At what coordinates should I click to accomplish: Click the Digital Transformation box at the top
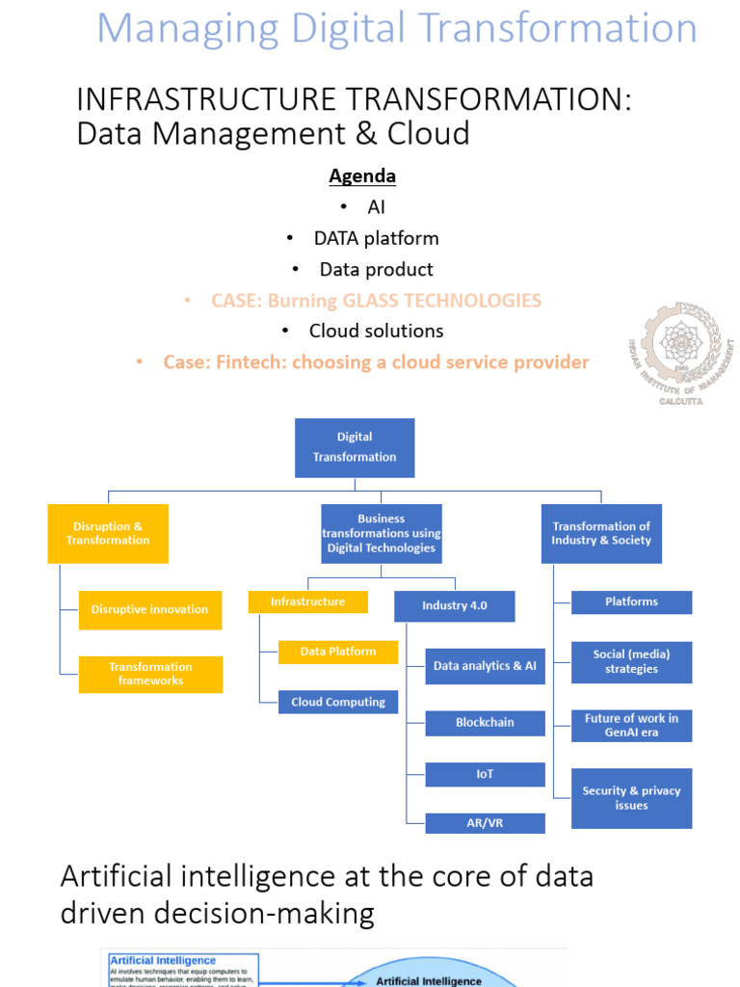pos(355,447)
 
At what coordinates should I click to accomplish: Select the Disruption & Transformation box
pos(108,533)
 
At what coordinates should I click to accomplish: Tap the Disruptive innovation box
pos(149,609)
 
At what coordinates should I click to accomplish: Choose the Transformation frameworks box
pos(150,674)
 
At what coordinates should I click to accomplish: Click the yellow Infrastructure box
pos(307,601)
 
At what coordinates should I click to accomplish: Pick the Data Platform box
pos(337,652)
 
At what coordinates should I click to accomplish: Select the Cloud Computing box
pos(337,702)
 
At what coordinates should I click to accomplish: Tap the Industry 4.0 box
pos(454,605)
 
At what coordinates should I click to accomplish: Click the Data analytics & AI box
pos(485,666)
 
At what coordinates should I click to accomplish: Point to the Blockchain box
pos(485,722)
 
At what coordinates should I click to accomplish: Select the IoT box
pos(485,774)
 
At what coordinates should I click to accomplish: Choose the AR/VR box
pos(485,823)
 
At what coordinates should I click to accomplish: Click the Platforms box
pos(631,601)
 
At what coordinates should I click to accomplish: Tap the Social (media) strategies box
pos(631,661)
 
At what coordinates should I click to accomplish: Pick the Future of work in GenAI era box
pos(631,725)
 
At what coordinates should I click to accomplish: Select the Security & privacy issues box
pos(631,797)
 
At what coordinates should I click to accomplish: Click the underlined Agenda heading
pos(362,176)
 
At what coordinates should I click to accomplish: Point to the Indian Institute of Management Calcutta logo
pos(679,353)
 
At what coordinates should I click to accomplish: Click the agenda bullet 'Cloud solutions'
pos(376,331)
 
